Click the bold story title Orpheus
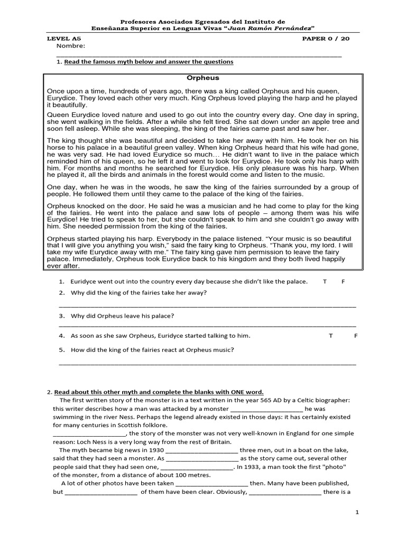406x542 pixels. point(203,78)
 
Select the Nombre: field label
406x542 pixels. point(70,46)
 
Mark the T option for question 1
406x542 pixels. point(325,282)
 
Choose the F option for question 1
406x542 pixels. point(343,282)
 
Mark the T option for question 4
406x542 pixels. point(331,336)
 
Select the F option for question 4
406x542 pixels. point(356,336)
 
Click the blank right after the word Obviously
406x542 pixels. point(284,492)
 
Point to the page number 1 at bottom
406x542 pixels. point(357,512)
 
